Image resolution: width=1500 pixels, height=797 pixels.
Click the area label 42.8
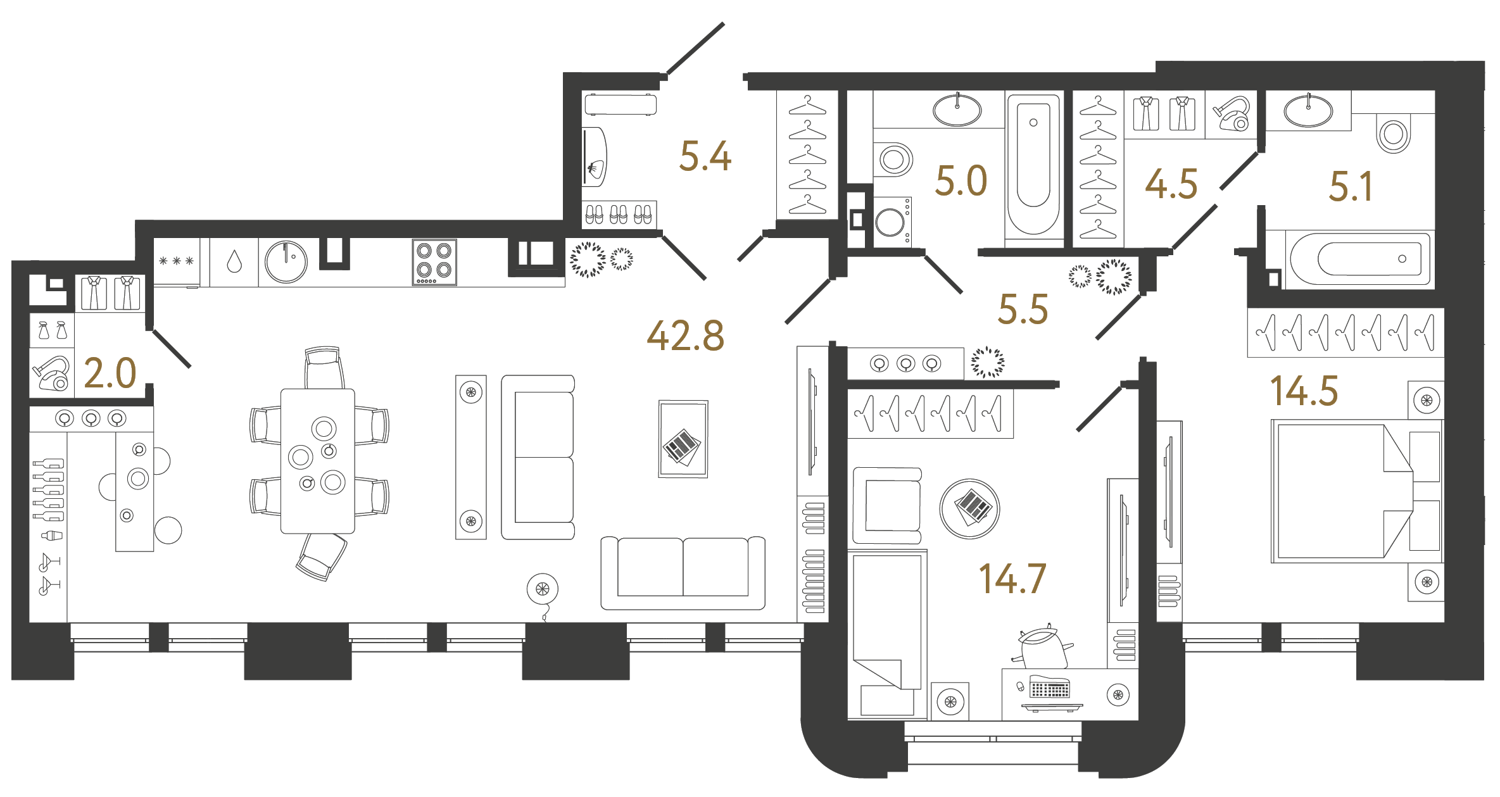click(x=686, y=336)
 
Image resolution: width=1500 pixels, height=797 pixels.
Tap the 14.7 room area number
click(x=1012, y=579)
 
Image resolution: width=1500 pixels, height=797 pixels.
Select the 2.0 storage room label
click(x=110, y=373)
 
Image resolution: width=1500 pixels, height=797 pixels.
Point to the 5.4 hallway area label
click(x=705, y=156)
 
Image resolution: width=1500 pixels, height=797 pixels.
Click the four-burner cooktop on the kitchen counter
click(x=434, y=261)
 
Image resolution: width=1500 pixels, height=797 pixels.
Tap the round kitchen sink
click(x=286, y=261)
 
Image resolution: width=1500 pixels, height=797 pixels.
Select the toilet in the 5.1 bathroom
click(x=1393, y=134)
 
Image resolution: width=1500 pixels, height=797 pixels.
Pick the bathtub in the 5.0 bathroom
click(x=1033, y=166)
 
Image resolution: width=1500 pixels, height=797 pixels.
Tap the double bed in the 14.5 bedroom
click(x=1342, y=492)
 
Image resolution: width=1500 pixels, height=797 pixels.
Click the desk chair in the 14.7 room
click(x=1043, y=647)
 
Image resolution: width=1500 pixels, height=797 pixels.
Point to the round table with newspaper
click(x=969, y=508)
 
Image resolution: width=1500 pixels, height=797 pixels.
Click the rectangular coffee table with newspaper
click(x=683, y=439)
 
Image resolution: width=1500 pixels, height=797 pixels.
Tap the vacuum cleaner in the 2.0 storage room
click(x=52, y=373)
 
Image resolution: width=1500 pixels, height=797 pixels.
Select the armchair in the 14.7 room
click(x=886, y=505)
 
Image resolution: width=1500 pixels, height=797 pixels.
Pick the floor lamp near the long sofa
click(x=543, y=590)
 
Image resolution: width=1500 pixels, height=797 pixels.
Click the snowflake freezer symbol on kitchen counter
click(x=176, y=261)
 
